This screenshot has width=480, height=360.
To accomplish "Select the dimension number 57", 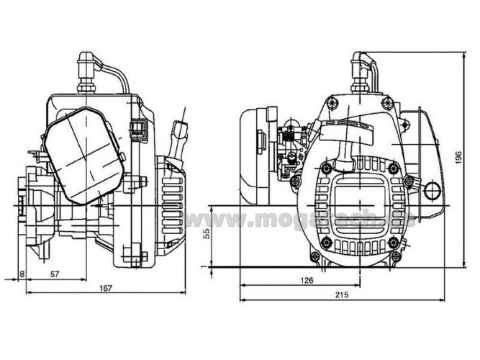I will tap(55, 274).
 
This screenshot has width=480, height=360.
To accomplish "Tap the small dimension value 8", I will tap(22, 274).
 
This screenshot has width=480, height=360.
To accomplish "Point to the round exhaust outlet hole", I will tap(432, 190).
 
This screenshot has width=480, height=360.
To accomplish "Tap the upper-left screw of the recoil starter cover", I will tap(327, 168).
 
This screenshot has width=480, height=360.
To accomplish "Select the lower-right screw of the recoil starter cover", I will tap(394, 242).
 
